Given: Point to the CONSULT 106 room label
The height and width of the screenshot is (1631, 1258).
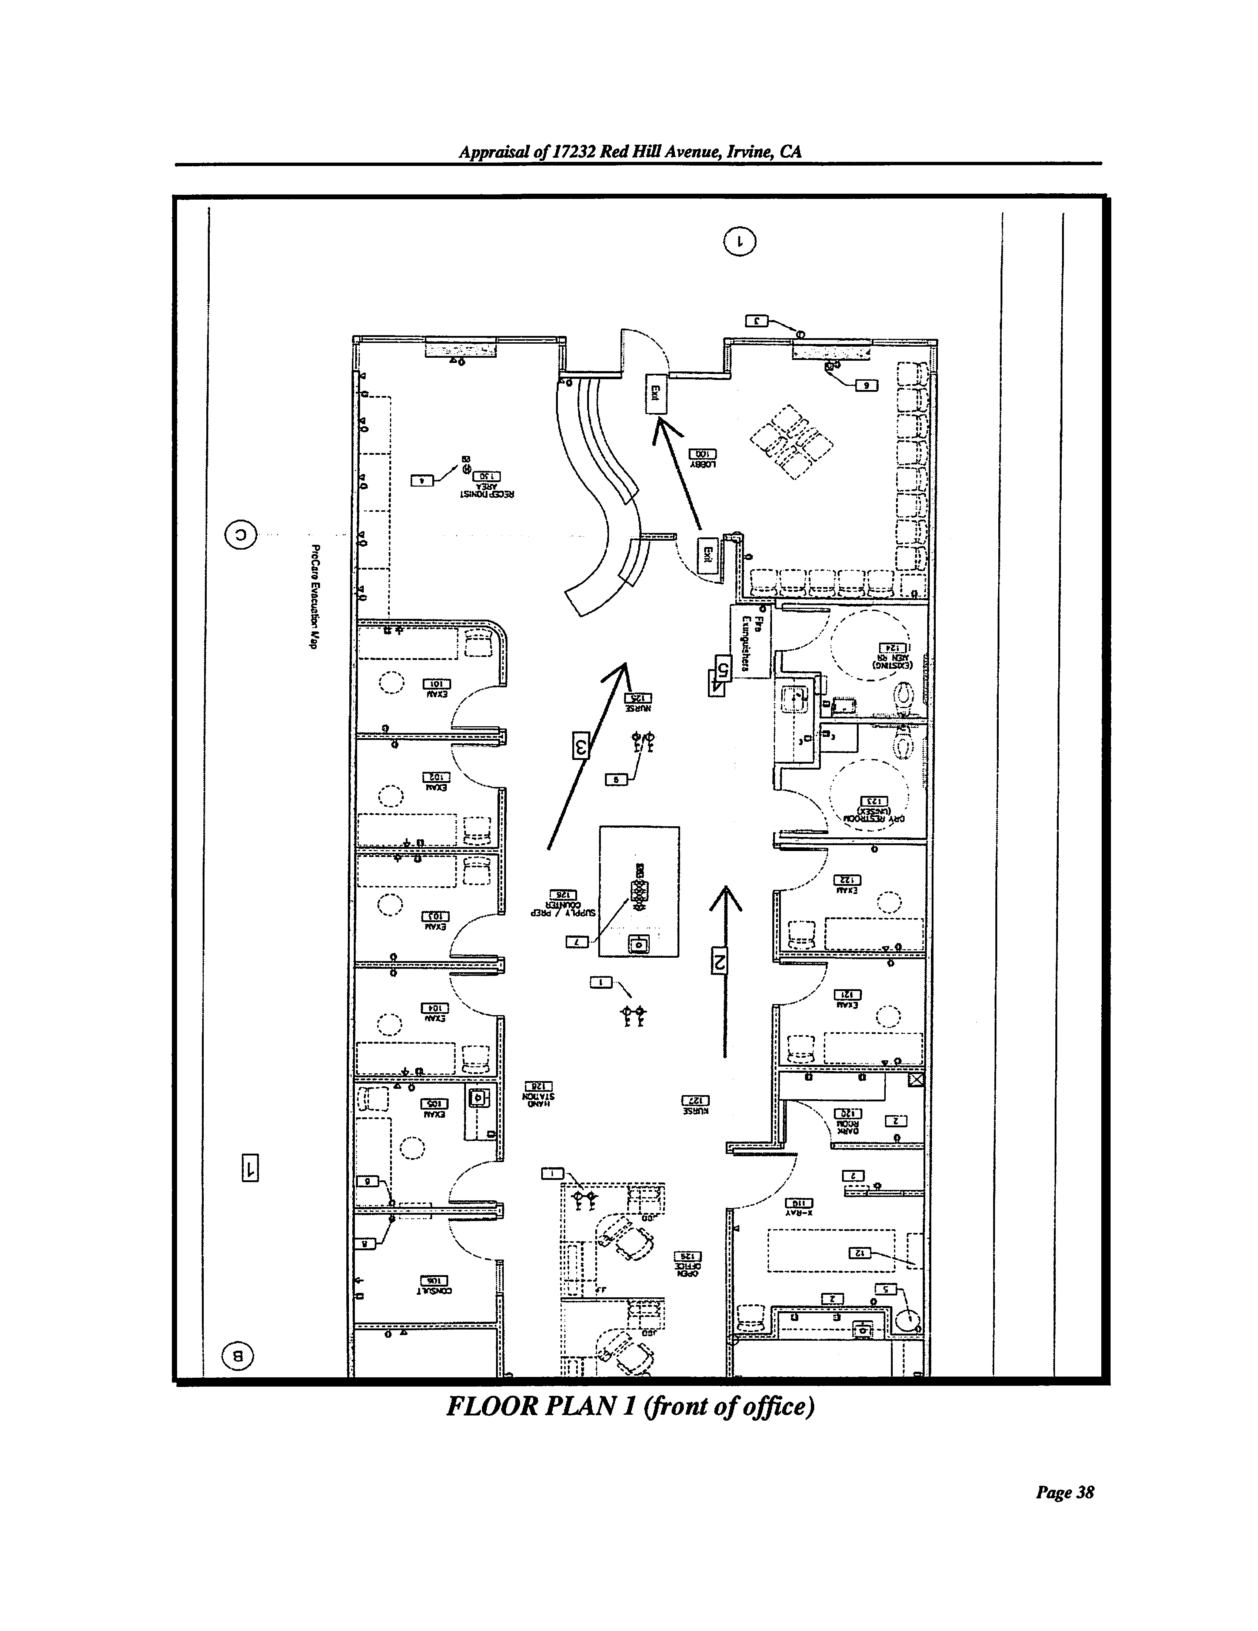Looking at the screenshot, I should coord(433,1283).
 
